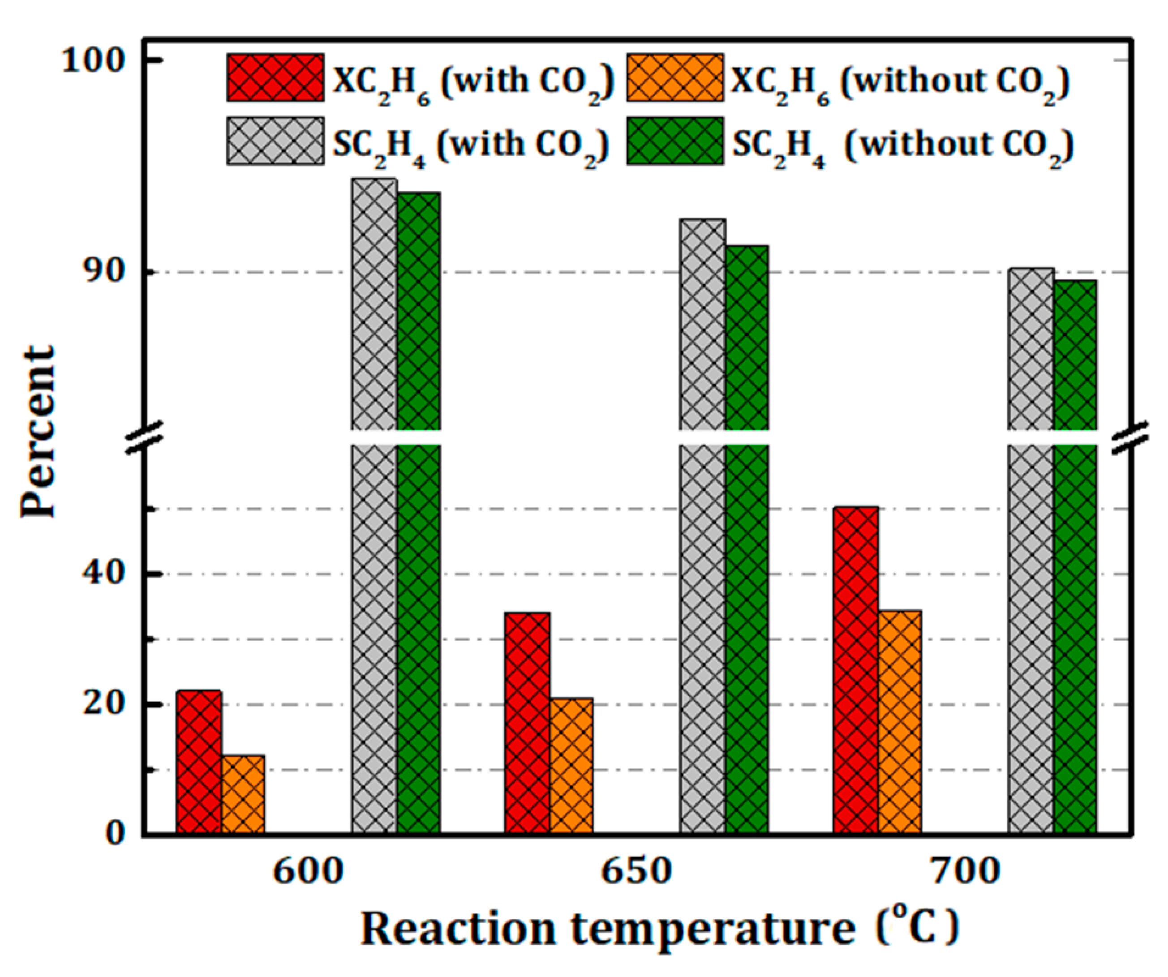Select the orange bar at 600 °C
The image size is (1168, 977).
pyautogui.click(x=243, y=795)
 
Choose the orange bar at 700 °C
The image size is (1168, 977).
pyautogui.click(x=899, y=723)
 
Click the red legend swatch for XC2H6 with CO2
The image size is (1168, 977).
pyautogui.click(x=275, y=78)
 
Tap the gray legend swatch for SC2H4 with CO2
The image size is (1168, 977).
pyautogui.click(x=275, y=141)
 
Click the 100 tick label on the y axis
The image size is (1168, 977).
pyautogui.click(x=92, y=60)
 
